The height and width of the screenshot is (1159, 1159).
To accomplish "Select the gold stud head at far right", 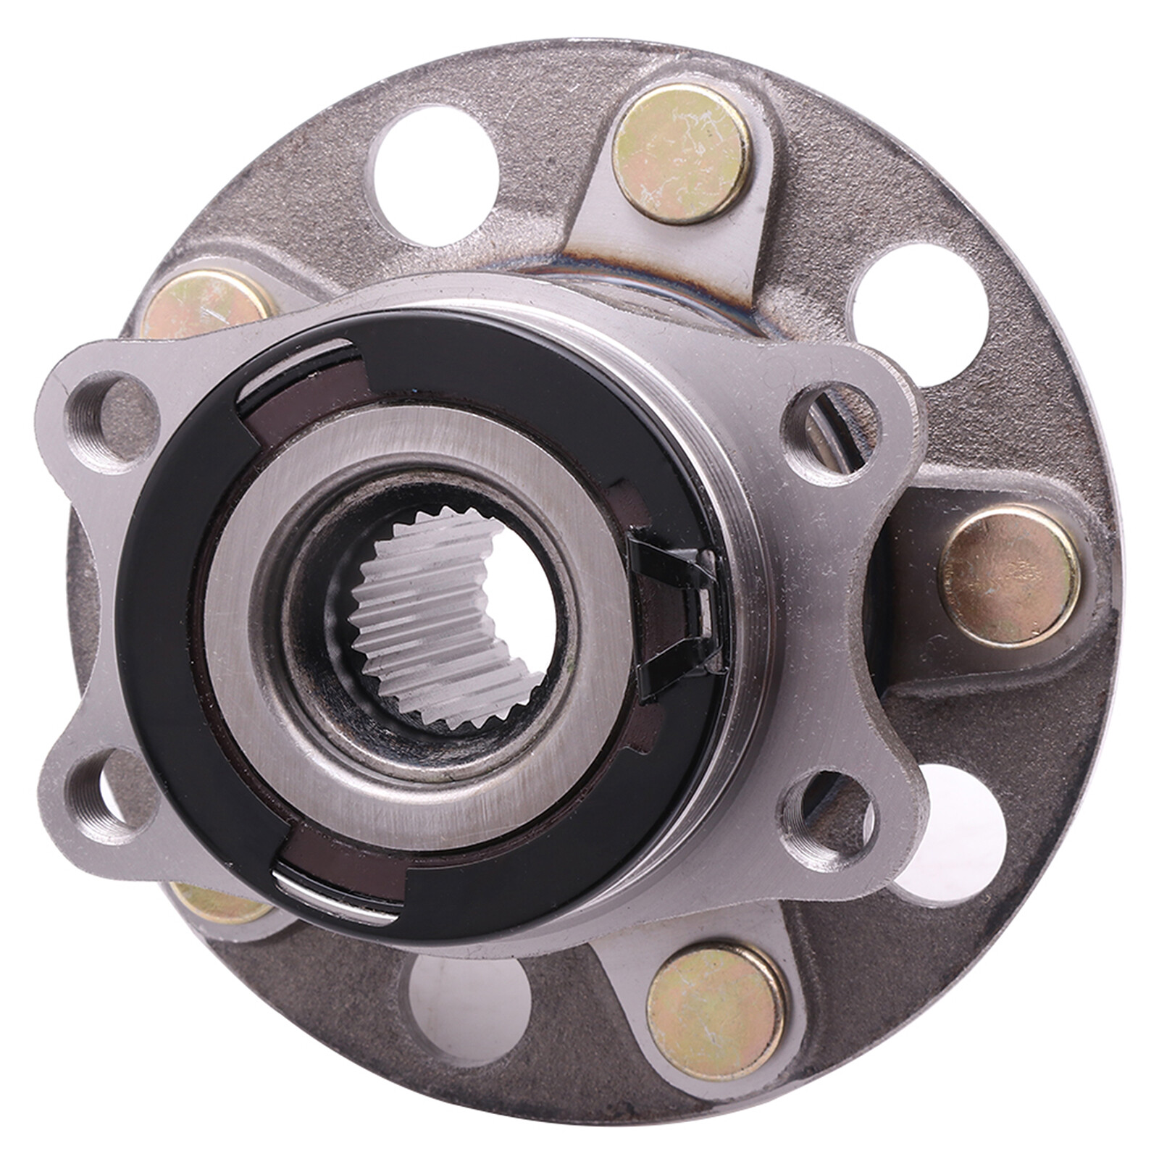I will [x=1009, y=576].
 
